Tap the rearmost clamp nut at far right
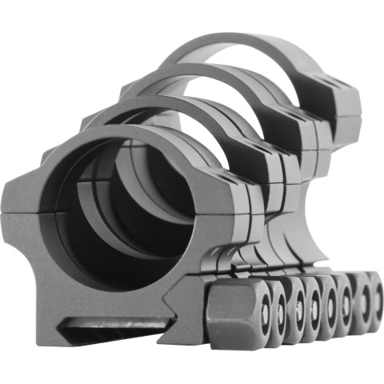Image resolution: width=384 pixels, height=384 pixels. click(x=367, y=302)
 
